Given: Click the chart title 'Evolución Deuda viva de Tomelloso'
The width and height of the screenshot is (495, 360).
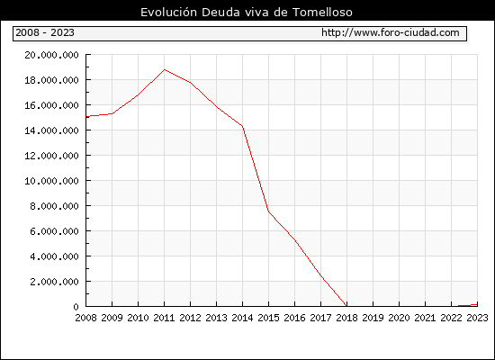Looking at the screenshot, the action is pos(247,13).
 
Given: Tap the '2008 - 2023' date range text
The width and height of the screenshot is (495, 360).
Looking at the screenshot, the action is pos(45,32).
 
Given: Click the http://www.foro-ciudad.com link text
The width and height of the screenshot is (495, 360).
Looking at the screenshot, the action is pos(391,32).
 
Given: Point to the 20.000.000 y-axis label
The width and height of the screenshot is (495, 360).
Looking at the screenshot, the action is pos(51,55).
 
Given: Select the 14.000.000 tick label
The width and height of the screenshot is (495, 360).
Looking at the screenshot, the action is pos(51,130).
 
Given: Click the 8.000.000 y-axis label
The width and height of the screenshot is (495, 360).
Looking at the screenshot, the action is pos(54,206).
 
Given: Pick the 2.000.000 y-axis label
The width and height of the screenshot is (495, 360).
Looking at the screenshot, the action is pos(54,282).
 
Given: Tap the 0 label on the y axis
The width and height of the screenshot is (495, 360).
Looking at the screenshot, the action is pos(76,307).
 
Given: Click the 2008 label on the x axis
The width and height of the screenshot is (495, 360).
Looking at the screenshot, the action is pos(85,318).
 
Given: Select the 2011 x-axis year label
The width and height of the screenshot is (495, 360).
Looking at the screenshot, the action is pos(164,318).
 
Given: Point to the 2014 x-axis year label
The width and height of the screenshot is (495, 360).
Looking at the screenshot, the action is pos(242,318).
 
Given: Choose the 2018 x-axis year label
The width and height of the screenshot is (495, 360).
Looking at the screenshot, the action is pos(346,318).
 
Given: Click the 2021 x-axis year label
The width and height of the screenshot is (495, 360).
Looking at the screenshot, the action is pos(425,318).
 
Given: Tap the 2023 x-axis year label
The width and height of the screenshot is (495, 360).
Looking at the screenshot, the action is pos(477,318).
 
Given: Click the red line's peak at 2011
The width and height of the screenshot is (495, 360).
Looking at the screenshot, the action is pos(165,69).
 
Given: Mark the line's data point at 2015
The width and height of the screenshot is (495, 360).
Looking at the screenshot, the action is pos(269,211).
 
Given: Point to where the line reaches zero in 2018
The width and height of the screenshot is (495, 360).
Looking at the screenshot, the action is pos(346,306).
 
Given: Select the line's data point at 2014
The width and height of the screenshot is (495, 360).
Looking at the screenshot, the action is pos(242,126).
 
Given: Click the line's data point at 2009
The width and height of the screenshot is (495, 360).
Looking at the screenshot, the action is pos(112,113).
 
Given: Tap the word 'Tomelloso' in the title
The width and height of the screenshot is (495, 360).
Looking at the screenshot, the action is pos(322,13).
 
